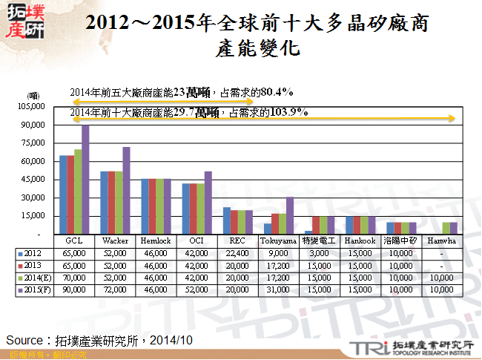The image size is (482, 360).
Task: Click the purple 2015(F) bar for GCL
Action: click(85, 180)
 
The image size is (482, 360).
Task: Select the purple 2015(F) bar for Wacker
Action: click(126, 191)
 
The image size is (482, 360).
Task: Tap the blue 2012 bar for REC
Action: click(227, 220)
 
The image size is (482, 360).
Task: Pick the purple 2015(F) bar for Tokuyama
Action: click(290, 215)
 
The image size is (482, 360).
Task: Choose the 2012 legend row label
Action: click(33, 252)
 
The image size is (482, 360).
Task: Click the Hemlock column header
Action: click(156, 241)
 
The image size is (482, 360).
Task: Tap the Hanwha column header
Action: click(442, 241)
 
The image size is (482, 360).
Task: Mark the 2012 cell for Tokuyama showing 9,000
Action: click(279, 252)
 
